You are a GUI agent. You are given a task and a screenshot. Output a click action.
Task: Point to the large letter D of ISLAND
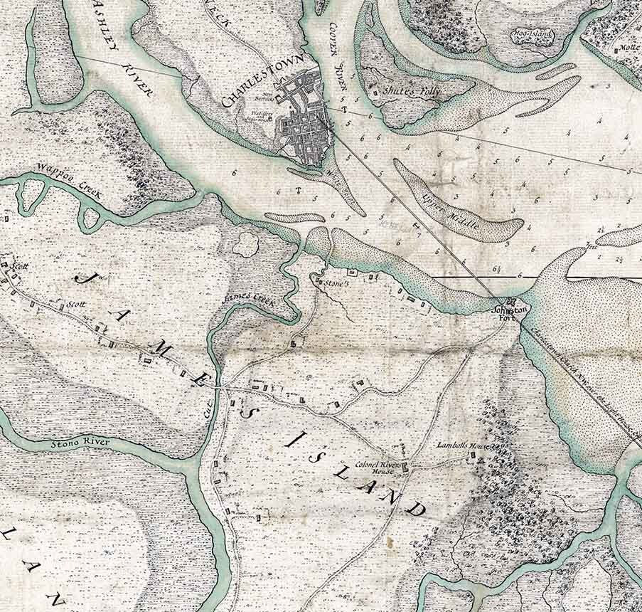[x=417, y=510]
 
